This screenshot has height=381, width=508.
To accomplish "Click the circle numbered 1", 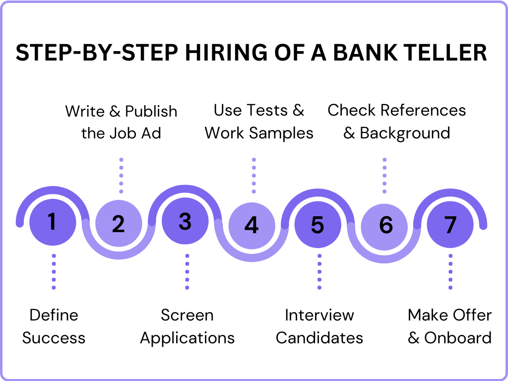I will [53, 222].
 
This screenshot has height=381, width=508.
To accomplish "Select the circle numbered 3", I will [185, 222].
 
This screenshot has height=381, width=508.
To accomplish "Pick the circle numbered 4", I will [252, 225].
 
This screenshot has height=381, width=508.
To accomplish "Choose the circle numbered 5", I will [317, 225].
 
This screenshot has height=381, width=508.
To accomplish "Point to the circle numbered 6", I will [384, 225].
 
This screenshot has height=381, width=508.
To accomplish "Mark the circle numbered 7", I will [450, 225].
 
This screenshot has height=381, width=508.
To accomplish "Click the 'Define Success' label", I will [54, 326].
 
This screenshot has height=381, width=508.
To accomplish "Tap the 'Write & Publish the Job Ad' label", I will [121, 122].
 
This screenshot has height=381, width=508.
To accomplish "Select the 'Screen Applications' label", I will [187, 326].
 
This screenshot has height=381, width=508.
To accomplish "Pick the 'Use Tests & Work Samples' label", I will [259, 122].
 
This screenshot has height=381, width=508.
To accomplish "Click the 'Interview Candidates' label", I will [319, 326].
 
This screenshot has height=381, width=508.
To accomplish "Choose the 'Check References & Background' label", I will [396, 122].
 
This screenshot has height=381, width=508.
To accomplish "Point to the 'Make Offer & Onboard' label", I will [449, 326].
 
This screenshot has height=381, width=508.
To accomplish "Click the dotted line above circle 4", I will [254, 176].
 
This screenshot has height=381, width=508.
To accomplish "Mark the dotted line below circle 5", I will [319, 271].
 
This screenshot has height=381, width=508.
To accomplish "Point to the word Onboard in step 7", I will [457, 338].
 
